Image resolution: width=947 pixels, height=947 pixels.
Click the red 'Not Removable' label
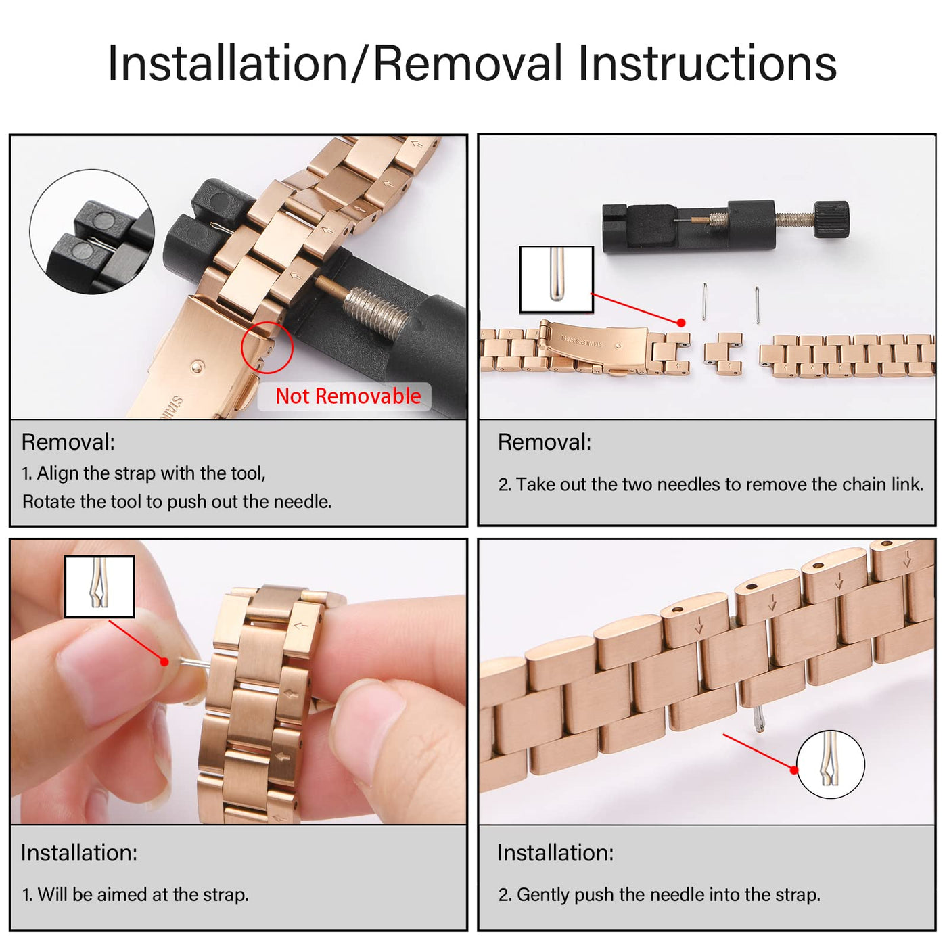[348, 396]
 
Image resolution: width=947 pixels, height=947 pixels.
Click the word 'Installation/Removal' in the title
[335, 64]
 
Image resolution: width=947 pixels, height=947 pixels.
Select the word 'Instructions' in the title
[708, 64]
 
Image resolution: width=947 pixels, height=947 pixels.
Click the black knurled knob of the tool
[831, 219]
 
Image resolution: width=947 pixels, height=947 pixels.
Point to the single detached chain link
[723, 354]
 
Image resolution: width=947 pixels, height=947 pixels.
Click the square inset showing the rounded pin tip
[556, 279]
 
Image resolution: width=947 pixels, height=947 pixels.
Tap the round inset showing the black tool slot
[92, 232]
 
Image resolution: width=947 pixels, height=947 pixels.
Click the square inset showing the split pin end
[99, 586]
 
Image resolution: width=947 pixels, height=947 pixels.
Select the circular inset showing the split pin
[830, 764]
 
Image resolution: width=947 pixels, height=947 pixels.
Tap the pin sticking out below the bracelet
[759, 720]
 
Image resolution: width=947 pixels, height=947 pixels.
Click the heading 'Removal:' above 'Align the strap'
[68, 442]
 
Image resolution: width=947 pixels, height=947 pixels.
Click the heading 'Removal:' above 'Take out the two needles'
[545, 442]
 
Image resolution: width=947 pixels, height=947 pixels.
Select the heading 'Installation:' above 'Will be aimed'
[78, 853]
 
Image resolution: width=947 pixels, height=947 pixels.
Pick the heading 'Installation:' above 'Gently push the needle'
[555, 853]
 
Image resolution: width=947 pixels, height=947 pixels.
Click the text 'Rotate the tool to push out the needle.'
[177, 502]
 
